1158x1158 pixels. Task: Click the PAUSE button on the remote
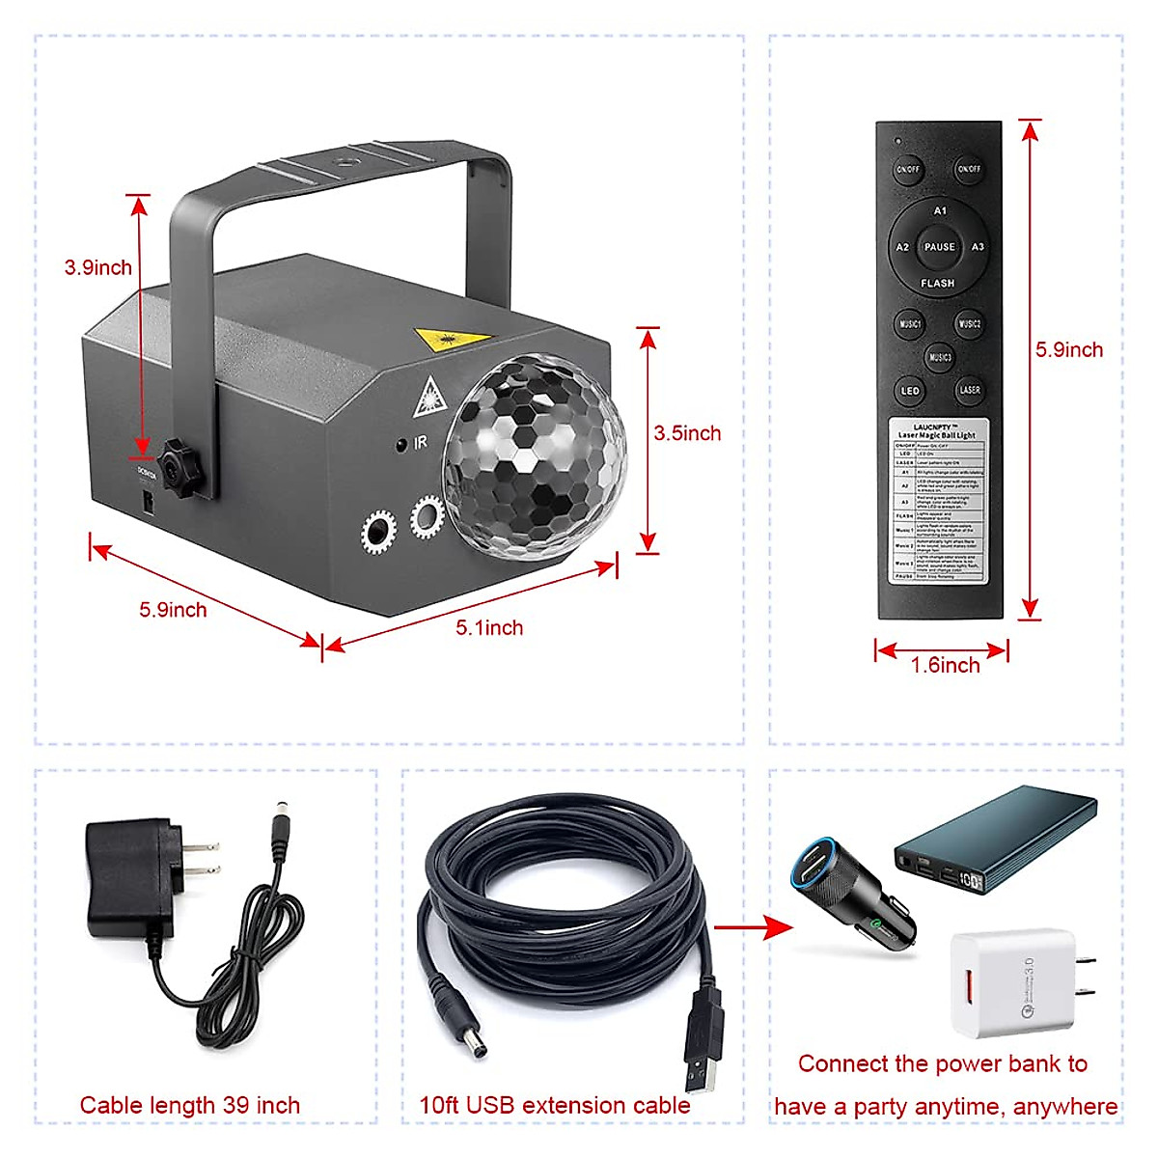939,247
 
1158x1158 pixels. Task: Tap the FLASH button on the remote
937,284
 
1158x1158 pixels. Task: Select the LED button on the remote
909,391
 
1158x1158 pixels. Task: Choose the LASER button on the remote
969,390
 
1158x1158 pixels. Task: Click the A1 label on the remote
940,210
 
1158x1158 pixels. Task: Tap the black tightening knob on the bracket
180,468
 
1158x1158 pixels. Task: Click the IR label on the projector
420,443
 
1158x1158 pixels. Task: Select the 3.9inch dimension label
97,267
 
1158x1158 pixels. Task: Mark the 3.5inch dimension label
687,433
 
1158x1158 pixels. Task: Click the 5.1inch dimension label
489,628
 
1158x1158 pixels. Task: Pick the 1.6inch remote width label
945,666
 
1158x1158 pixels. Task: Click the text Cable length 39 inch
190,1106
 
